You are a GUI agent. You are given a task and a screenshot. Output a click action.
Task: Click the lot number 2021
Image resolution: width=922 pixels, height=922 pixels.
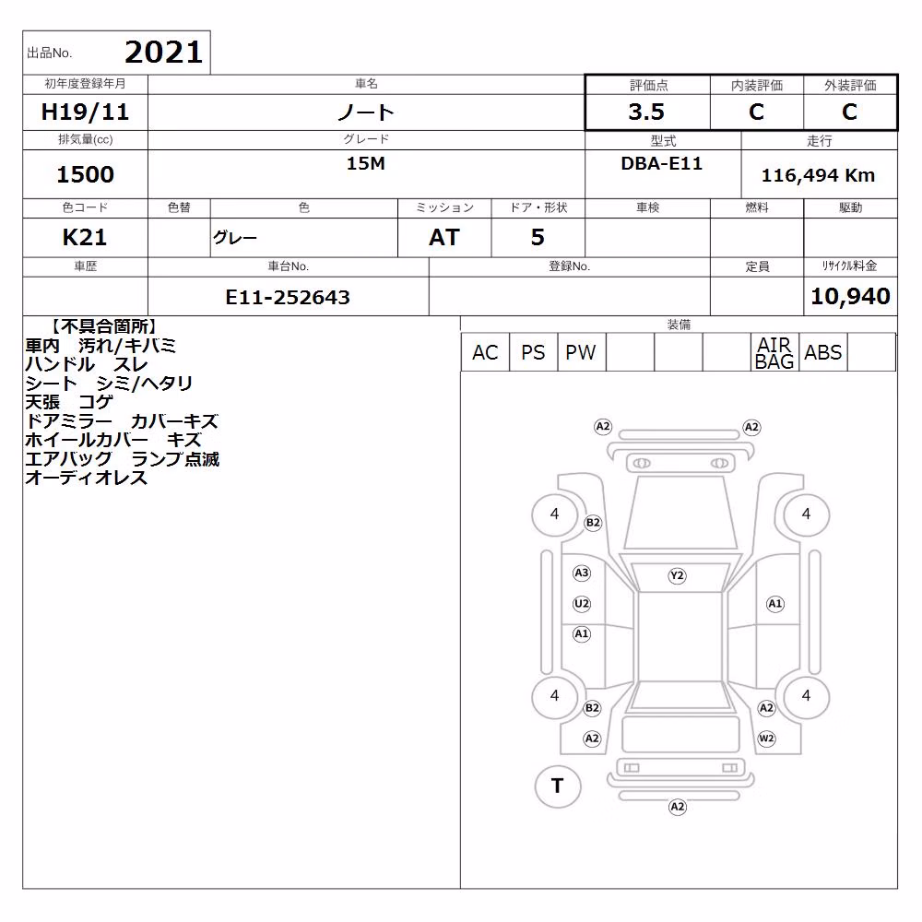pyautogui.click(x=163, y=53)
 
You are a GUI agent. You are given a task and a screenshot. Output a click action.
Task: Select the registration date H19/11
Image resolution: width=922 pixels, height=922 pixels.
pyautogui.click(x=85, y=112)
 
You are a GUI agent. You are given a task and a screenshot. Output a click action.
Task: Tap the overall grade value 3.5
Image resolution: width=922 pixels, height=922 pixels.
pyautogui.click(x=646, y=112)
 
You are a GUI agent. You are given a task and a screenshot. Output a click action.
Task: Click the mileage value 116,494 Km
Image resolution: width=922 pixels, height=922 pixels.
pyautogui.click(x=818, y=175)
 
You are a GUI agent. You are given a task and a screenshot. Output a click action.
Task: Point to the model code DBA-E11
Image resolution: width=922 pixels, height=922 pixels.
pyautogui.click(x=661, y=163)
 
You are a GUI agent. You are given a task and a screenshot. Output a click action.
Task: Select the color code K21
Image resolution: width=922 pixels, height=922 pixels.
pyautogui.click(x=85, y=238)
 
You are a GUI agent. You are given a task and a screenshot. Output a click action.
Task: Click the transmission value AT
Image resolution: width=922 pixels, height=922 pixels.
pyautogui.click(x=444, y=238)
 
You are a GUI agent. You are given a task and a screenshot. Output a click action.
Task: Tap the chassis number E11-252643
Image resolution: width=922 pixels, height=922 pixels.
pyautogui.click(x=288, y=298)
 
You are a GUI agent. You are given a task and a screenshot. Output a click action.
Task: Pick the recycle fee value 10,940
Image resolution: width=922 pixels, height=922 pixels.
pyautogui.click(x=850, y=296)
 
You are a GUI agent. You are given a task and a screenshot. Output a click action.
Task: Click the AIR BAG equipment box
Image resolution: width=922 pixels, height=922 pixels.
pyautogui.click(x=774, y=352)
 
